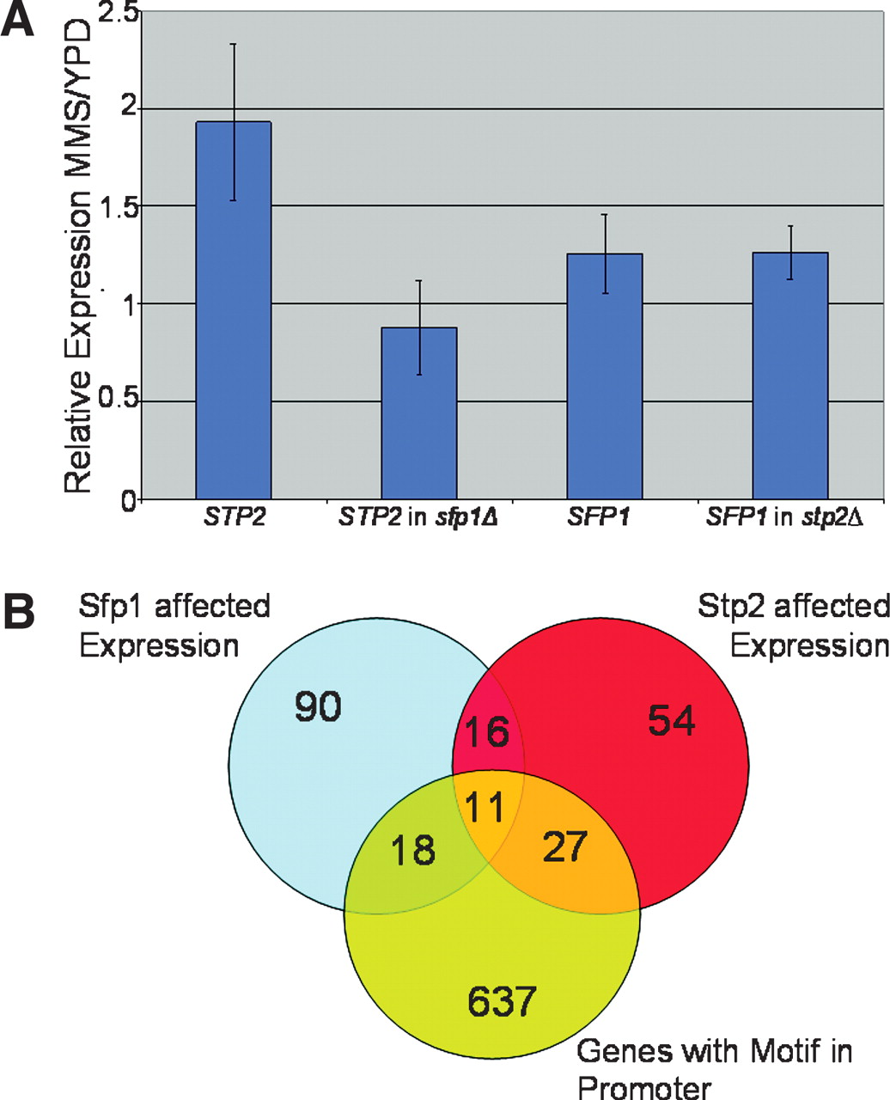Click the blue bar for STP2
pyautogui.click(x=234, y=309)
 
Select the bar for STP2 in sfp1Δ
pyautogui.click(x=419, y=412)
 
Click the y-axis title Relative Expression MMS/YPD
pyautogui.click(x=79, y=258)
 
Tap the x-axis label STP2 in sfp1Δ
pyautogui.click(x=419, y=521)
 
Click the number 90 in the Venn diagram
pyautogui.click(x=318, y=706)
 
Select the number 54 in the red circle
pyautogui.click(x=672, y=720)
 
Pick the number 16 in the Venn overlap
pyautogui.click(x=487, y=733)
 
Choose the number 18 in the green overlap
pyautogui.click(x=413, y=850)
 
